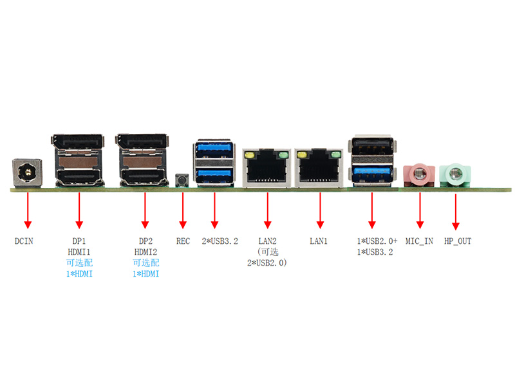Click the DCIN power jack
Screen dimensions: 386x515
coord(27,174)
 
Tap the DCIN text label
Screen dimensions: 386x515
coord(24,241)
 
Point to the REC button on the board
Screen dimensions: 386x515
coord(183,179)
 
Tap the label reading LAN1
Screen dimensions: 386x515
coord(319,241)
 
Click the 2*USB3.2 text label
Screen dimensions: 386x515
coord(216,241)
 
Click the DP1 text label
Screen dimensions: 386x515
coord(79,241)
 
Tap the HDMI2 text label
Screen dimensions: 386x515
coord(145,252)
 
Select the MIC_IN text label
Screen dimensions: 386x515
coord(420,241)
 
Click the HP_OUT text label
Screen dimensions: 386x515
coord(458,241)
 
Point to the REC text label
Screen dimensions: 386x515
coord(183,241)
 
